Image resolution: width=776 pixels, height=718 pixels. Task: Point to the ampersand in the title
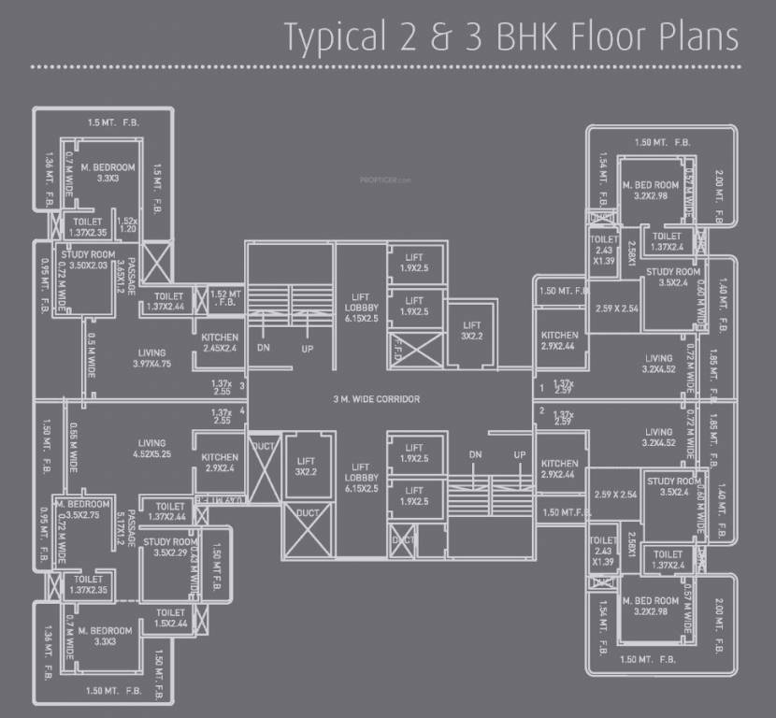point(440,37)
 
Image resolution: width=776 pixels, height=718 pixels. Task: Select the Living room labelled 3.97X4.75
point(150,357)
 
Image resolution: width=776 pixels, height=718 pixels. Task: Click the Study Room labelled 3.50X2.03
point(88,261)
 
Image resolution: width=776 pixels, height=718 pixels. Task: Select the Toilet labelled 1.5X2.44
point(170,618)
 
